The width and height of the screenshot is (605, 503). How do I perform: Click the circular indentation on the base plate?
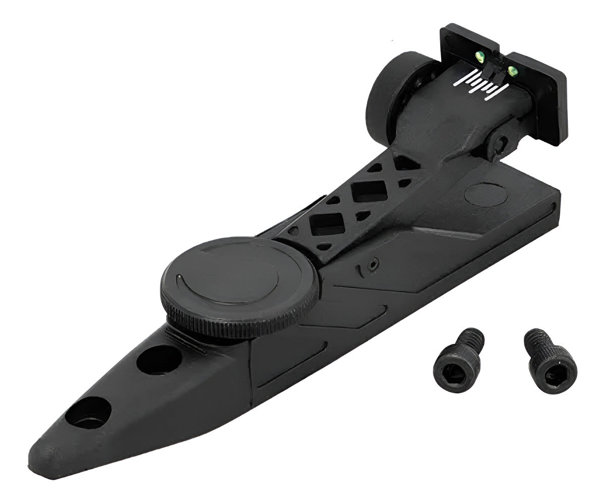[487, 194]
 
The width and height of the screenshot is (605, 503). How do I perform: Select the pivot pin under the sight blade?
[500, 144]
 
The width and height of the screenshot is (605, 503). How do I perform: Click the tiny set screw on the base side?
[373, 264]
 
